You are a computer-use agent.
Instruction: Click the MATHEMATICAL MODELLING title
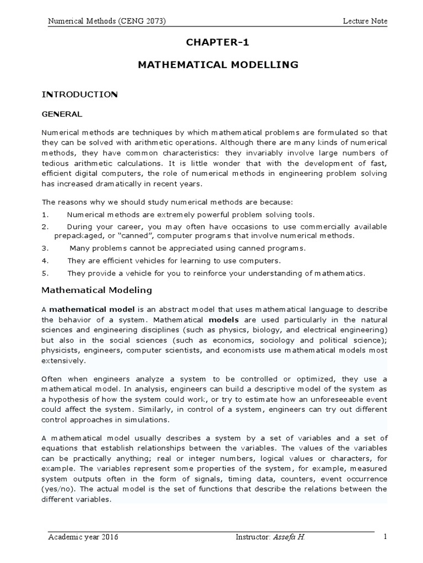[218, 65]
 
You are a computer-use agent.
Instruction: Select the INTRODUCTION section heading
[80, 95]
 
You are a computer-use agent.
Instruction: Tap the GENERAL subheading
[62, 114]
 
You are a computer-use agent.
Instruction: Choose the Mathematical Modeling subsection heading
[97, 289]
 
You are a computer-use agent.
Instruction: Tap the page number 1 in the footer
[385, 537]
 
